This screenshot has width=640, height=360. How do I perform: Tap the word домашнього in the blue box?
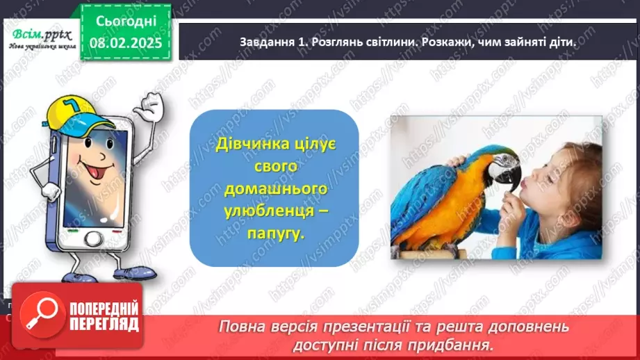[x=274, y=190]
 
